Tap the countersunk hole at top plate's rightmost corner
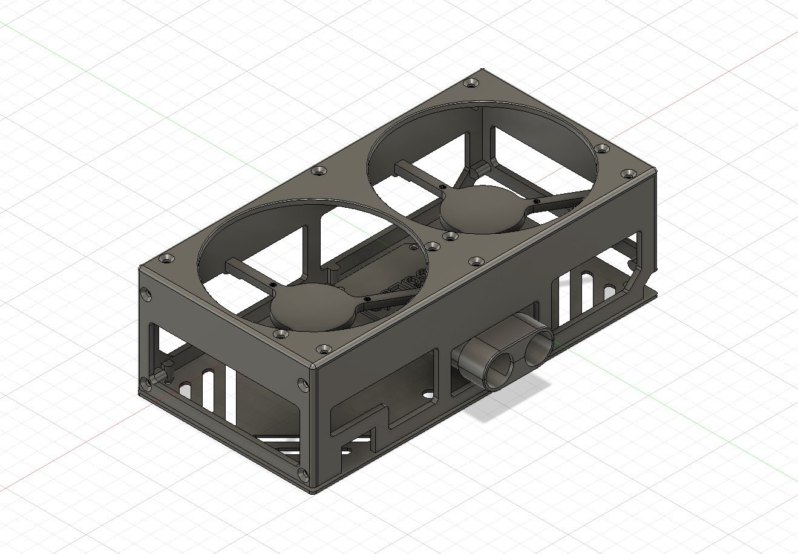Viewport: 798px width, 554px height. coord(629,174)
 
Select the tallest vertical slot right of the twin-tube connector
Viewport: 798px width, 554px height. coord(571,296)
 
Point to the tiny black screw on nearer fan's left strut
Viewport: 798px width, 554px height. coord(273,284)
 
